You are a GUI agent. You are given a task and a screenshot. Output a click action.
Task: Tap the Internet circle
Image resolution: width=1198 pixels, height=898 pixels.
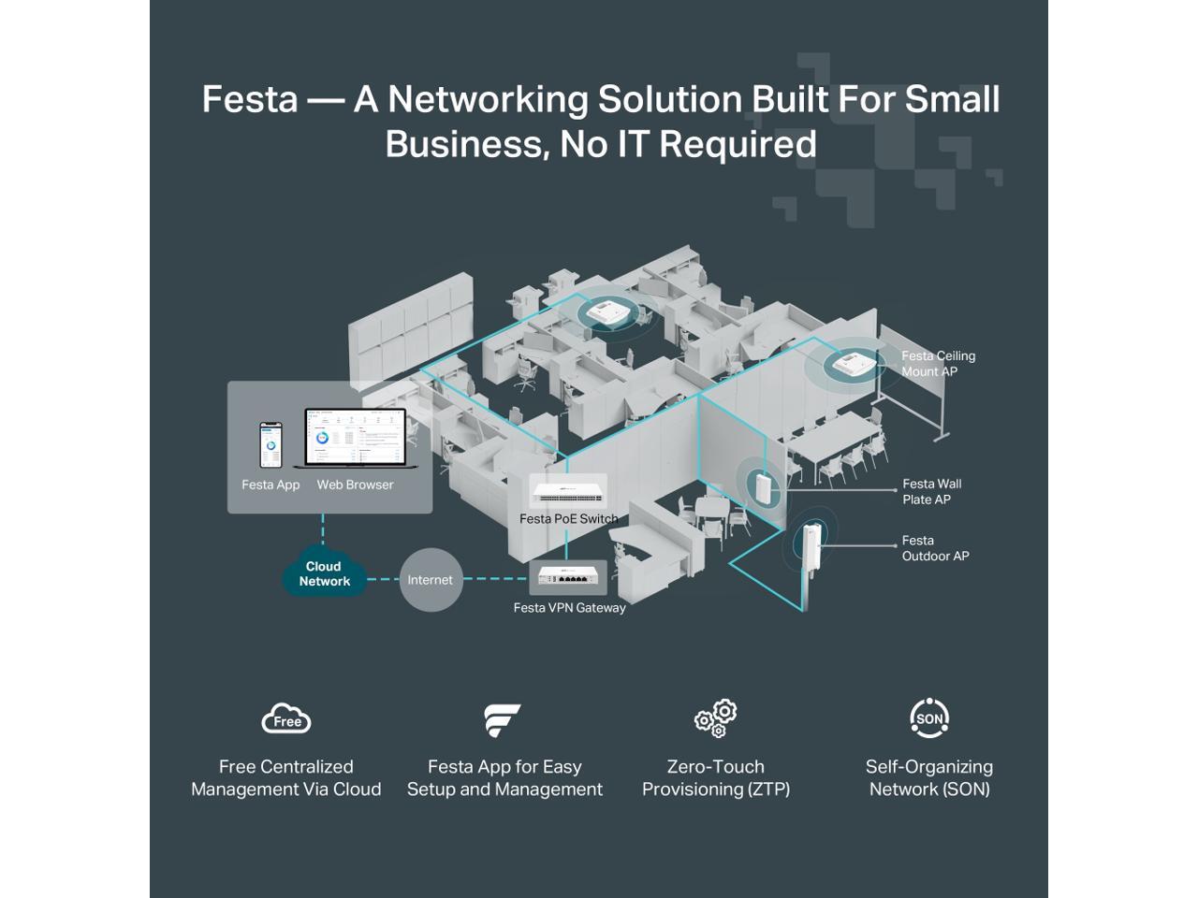(431, 580)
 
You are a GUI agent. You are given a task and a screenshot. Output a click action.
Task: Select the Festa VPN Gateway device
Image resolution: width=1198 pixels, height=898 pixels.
(568, 576)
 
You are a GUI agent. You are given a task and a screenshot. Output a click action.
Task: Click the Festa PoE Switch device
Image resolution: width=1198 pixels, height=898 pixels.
(568, 492)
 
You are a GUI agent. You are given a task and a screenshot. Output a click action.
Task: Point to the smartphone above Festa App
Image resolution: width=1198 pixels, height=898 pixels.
(270, 445)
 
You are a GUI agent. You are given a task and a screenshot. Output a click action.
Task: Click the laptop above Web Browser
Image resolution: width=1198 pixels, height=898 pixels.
(356, 439)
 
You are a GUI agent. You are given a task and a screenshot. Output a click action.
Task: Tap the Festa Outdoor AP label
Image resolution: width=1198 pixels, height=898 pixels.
(935, 548)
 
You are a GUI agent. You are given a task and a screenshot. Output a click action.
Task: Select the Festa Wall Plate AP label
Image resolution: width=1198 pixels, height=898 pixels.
(931, 491)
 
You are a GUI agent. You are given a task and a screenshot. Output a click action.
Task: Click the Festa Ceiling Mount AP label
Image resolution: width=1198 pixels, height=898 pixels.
(938, 364)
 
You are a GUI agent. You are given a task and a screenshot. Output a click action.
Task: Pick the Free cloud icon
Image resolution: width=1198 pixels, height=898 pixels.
(286, 719)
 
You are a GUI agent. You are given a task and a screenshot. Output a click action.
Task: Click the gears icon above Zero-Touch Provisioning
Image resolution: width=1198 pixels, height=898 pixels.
(716, 718)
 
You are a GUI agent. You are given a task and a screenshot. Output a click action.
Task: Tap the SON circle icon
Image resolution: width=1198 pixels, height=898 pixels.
(929, 718)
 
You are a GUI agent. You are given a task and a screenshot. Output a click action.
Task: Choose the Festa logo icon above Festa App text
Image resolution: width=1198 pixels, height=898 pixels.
(502, 720)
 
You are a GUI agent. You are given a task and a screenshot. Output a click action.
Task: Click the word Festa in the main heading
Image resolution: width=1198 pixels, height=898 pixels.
(250, 99)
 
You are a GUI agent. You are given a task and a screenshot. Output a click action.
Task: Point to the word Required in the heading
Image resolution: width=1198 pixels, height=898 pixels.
(738, 144)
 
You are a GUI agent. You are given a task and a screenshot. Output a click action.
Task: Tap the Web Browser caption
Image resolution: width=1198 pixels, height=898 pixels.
(355, 485)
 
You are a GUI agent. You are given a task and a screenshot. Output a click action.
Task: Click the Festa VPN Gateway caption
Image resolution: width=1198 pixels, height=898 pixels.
(569, 608)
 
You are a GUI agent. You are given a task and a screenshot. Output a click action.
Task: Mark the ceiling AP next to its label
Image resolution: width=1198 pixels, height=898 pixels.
(854, 365)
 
